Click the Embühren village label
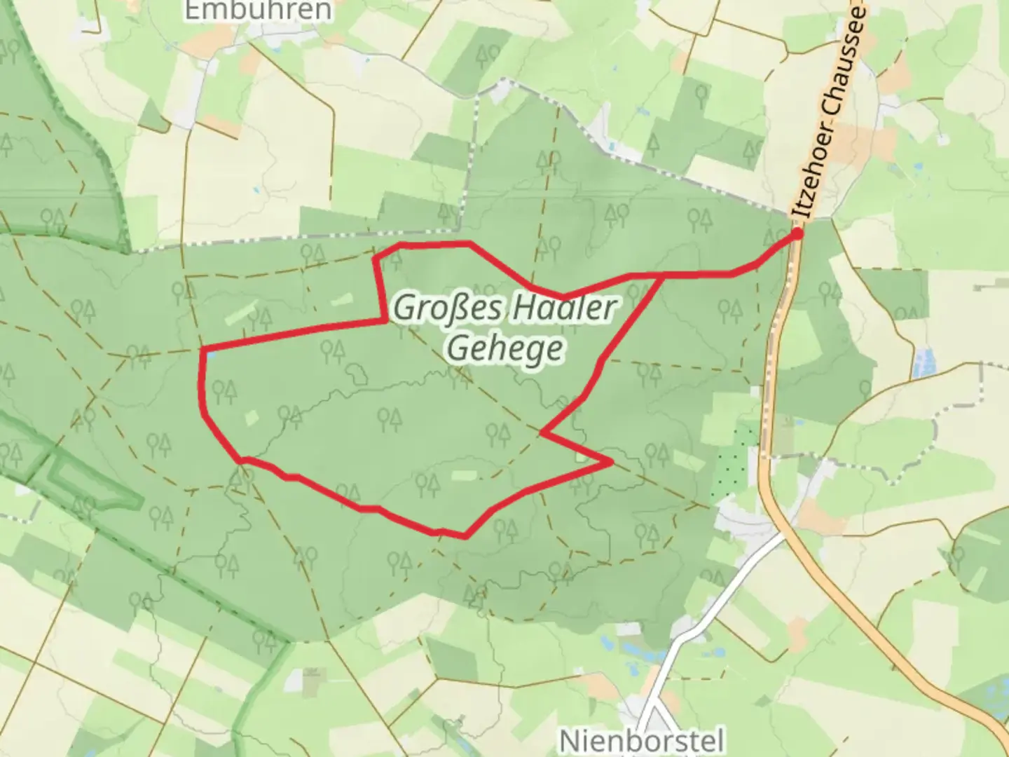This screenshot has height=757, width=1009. pyautogui.click(x=257, y=10)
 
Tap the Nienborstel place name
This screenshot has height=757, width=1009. pyautogui.click(x=641, y=739)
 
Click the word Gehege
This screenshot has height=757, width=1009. pyautogui.click(x=504, y=348)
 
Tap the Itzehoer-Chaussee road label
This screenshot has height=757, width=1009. pyautogui.click(x=830, y=112)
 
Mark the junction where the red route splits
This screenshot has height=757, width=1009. pyautogui.click(x=663, y=275)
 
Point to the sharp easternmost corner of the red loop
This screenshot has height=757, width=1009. pyautogui.click(x=612, y=462)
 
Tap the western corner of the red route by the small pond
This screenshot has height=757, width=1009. pyautogui.click(x=203, y=349)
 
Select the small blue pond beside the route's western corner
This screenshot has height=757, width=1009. pyautogui.click(x=211, y=355)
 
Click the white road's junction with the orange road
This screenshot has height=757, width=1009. pyautogui.click(x=783, y=534)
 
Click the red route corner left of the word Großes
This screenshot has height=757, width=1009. pyautogui.click(x=385, y=320)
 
